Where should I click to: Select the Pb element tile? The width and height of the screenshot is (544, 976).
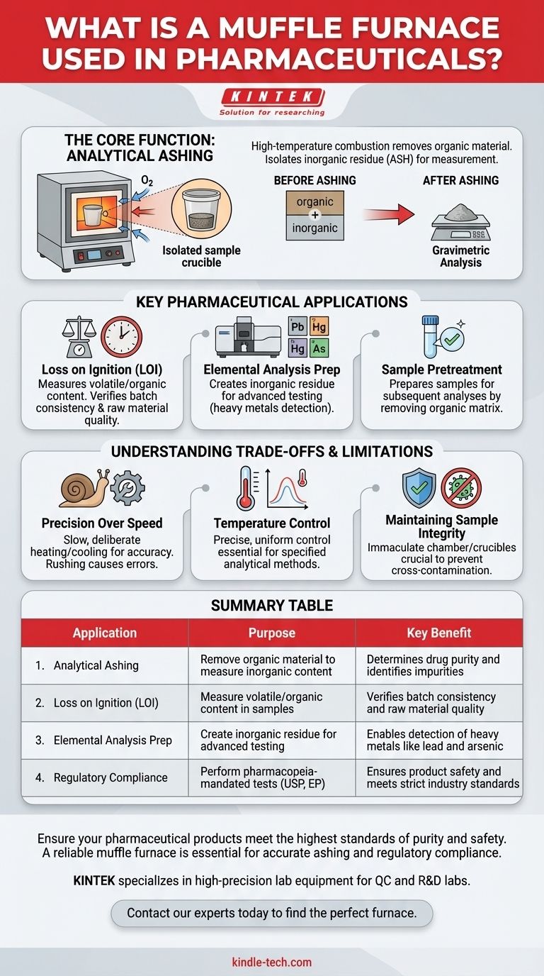(298, 327)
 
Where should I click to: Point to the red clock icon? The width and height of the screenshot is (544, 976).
(121, 337)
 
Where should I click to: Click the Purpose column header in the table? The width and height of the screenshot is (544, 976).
(271, 633)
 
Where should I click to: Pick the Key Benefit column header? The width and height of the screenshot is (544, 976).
(438, 633)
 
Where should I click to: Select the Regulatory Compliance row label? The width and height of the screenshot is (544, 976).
(110, 777)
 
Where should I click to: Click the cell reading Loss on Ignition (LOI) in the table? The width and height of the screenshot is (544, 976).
(106, 703)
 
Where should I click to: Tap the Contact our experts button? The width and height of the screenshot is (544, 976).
(272, 913)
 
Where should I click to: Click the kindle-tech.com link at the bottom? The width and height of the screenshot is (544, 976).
(272, 962)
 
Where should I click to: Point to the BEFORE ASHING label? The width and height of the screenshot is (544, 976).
(314, 180)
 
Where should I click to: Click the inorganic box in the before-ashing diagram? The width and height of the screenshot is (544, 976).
(314, 229)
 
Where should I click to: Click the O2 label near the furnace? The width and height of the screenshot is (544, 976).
(147, 182)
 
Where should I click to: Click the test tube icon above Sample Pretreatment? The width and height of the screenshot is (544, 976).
(431, 335)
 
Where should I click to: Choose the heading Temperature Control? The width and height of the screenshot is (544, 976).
(272, 523)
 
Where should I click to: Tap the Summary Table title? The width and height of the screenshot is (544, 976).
(272, 606)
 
